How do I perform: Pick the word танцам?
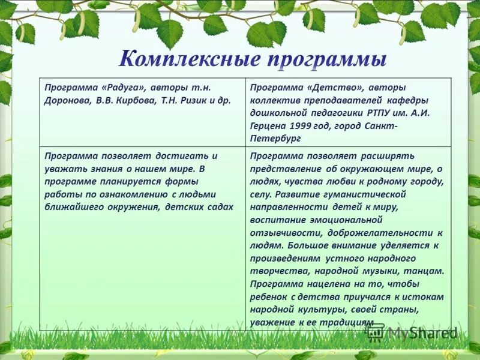tap(426, 271)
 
